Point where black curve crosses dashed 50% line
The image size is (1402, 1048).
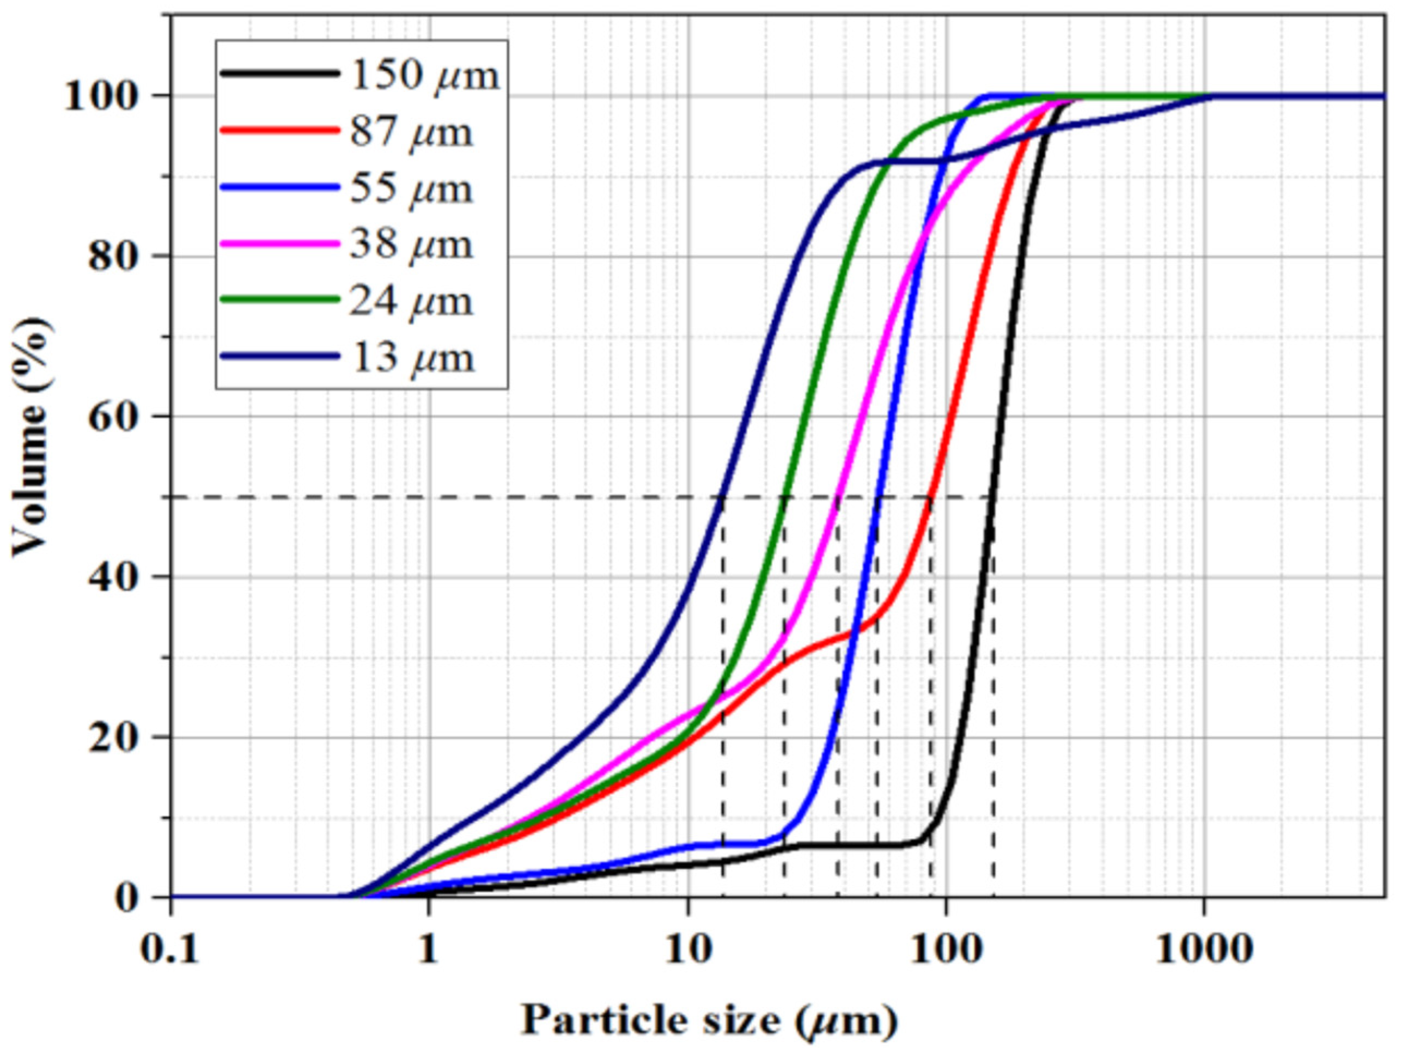pyautogui.click(x=991, y=498)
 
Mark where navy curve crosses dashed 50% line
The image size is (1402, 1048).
pyautogui.click(x=721, y=498)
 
